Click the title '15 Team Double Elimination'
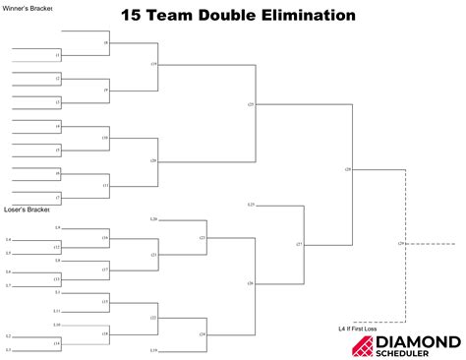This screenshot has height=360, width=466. click(x=238, y=16)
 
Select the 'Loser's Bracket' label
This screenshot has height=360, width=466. click(x=26, y=209)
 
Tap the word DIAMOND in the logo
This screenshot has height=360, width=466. click(x=420, y=341)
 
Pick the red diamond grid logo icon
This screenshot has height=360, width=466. click(x=363, y=346)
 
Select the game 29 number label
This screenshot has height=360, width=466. click(x=401, y=243)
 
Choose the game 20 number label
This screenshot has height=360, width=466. click(x=153, y=160)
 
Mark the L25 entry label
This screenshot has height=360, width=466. click(x=252, y=205)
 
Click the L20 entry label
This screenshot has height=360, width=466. click(x=153, y=218)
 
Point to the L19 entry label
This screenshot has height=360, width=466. click(x=57, y=325)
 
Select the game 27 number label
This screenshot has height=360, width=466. click(x=299, y=244)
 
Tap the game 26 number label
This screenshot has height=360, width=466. click(x=251, y=284)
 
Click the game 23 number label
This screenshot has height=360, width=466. click(x=203, y=237)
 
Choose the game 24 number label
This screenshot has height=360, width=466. click(x=203, y=333)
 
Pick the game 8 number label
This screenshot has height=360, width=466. click(x=106, y=44)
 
